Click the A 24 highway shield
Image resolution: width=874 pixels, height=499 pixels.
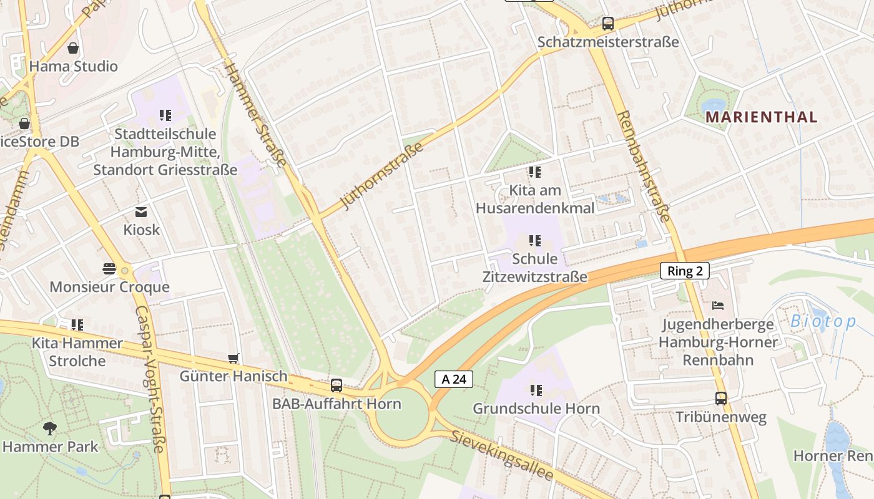(453, 379)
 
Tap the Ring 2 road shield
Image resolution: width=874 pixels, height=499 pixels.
(684, 271)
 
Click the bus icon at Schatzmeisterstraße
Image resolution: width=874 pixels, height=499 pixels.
(607, 24)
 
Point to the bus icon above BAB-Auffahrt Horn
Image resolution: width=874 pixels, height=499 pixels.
(336, 385)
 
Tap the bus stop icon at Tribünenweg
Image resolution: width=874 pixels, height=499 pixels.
(721, 399)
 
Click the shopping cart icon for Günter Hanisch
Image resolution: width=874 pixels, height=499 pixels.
(233, 358)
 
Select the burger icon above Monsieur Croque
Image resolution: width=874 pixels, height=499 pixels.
(109, 269)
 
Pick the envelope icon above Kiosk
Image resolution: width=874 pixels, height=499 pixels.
(141, 212)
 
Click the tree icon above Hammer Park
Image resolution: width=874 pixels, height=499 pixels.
(50, 429)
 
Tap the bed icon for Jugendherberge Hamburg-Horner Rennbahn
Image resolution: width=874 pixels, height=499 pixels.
(718, 306)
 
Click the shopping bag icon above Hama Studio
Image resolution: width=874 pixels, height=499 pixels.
(73, 48)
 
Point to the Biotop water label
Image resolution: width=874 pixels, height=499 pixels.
(823, 322)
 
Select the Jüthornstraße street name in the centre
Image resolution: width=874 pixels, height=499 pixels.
(382, 176)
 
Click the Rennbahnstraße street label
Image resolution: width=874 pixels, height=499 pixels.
(643, 167)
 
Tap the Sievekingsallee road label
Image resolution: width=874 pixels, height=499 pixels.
(503, 456)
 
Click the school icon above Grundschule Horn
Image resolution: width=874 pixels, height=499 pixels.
(536, 390)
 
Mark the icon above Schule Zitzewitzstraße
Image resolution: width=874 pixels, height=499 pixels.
(534, 241)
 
